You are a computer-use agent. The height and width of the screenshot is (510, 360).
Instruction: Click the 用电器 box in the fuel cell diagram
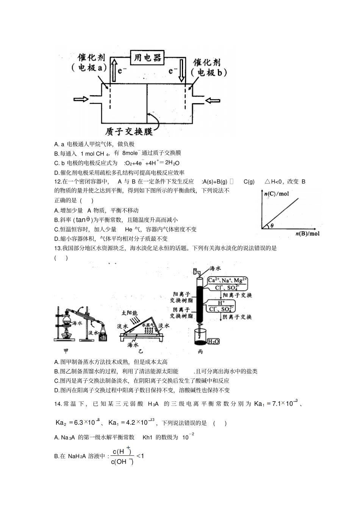tap(147, 58)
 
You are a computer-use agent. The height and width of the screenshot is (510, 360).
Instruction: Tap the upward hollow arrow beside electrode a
tap(113, 69)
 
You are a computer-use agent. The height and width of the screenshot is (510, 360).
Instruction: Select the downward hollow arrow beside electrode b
tap(182, 70)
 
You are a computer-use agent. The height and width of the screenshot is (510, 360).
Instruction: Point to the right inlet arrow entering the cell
tap(213, 100)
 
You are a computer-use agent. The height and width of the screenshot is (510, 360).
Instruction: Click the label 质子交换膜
tap(129, 132)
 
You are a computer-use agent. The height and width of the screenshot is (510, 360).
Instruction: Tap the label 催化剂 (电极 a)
tap(89, 63)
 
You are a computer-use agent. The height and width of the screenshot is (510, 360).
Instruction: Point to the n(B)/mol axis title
tap(307, 234)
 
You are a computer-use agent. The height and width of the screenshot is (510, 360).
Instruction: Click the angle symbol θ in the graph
tap(271, 226)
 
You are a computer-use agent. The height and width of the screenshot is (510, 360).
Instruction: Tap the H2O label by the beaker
tap(213, 342)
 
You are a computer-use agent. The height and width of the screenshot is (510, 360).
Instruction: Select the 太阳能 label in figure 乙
tap(129, 314)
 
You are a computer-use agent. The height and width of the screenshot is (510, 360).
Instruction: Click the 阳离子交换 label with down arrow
tap(237, 295)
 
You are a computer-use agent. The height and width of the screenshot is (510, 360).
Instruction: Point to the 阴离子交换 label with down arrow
tap(237, 317)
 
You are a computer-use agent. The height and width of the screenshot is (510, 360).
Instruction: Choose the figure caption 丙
tap(200, 352)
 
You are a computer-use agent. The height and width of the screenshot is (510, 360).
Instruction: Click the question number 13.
tap(58, 248)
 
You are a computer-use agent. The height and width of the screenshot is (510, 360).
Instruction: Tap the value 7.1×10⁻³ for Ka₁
tap(285, 403)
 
